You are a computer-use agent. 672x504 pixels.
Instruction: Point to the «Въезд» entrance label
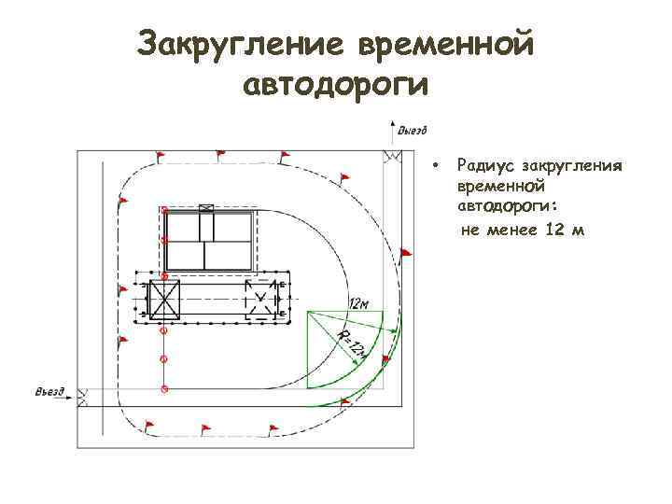(49, 391)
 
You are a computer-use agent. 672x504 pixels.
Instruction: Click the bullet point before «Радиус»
(435, 166)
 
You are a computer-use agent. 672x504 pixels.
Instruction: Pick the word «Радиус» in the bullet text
(484, 166)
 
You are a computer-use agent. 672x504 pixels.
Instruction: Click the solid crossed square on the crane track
(164, 300)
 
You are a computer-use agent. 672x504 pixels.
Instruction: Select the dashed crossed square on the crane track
(260, 300)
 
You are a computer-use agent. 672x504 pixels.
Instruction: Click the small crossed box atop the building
(206, 208)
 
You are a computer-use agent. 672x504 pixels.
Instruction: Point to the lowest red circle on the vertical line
(164, 387)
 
